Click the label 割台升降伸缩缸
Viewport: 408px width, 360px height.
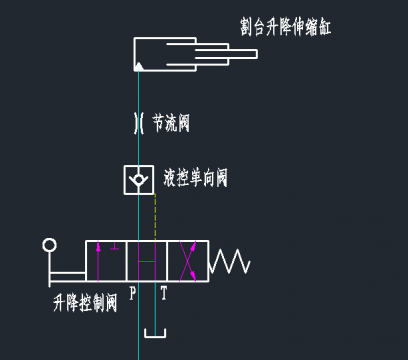tap(285, 25)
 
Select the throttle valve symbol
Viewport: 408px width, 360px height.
tap(139, 124)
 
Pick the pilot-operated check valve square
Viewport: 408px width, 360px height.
tap(139, 179)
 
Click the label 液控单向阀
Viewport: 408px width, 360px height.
tap(196, 179)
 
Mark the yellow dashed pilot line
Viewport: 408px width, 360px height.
tap(155, 215)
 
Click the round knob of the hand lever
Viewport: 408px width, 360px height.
tap(48, 246)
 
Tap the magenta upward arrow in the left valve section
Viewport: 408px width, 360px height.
tap(97, 262)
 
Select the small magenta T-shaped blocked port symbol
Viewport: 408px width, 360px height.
tap(115, 246)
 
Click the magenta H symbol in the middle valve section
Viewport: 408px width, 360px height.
tap(147, 262)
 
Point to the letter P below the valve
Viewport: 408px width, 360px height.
tap(131, 295)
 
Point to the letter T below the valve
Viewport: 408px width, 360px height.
tap(164, 295)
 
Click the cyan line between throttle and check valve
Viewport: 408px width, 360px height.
tap(139, 150)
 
